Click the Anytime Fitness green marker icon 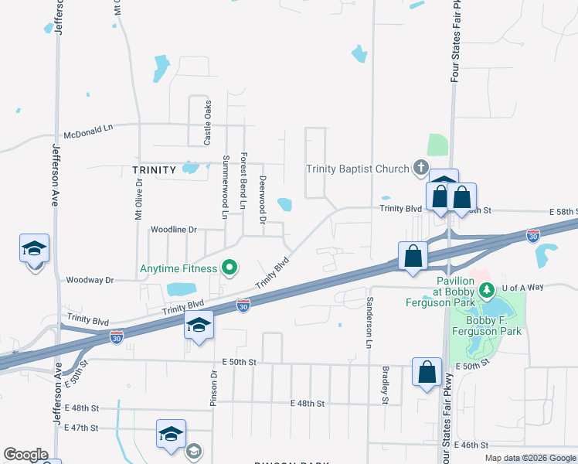click(x=229, y=269)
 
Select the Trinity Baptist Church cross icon click(x=420, y=167)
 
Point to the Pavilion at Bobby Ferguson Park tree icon click(x=486, y=290)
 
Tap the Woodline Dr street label click(x=174, y=230)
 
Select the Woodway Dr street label click(x=90, y=280)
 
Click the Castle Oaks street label click(x=207, y=123)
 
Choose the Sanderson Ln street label click(x=369, y=321)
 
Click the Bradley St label click(x=385, y=384)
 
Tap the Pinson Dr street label click(x=214, y=385)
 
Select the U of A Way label click(x=523, y=287)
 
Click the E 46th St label click(x=473, y=445)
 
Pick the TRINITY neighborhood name click(x=155, y=169)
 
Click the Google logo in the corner click(x=25, y=455)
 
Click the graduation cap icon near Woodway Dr click(x=34, y=249)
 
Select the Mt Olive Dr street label click(x=139, y=200)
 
